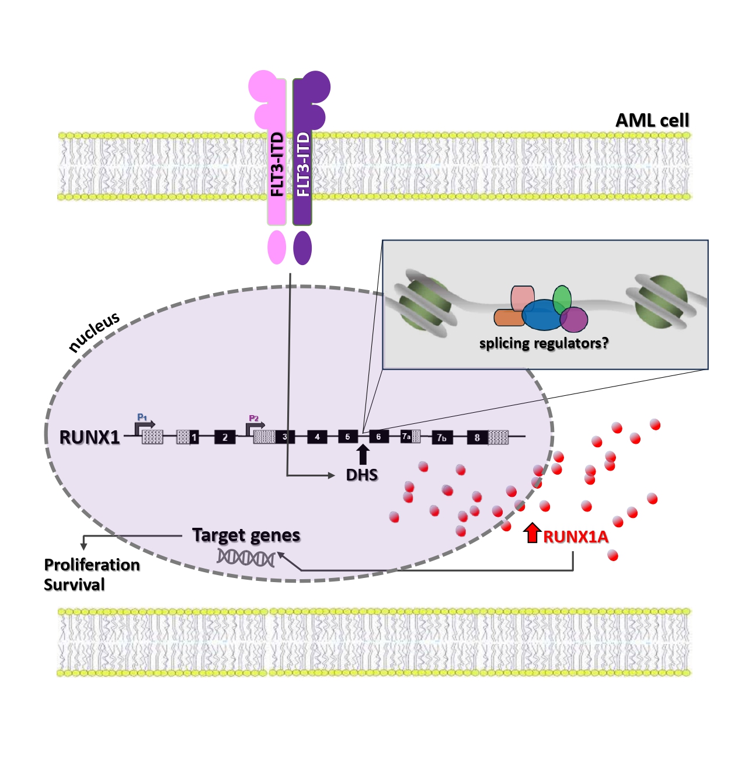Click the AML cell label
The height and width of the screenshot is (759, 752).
click(652, 120)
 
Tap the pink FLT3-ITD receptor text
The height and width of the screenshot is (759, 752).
click(277, 164)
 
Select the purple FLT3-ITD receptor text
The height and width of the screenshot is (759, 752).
click(302, 164)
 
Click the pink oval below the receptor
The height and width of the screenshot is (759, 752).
click(277, 248)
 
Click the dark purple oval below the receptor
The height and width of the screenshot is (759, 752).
click(302, 248)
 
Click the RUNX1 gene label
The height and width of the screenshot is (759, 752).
click(90, 437)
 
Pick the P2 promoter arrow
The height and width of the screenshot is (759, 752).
click(255, 427)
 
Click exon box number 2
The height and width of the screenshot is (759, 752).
click(225, 437)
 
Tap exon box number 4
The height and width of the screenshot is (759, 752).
click(317, 437)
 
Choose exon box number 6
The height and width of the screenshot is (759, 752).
click(378, 437)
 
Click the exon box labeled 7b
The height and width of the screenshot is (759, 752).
click(442, 438)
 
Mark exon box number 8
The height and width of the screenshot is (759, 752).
click(477, 437)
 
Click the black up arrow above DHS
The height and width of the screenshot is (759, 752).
click(363, 454)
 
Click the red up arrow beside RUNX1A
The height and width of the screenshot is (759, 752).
click(532, 532)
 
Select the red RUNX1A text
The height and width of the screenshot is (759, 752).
click(576, 537)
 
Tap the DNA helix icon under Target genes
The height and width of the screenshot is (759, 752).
click(246, 558)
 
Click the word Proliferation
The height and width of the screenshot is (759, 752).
click(92, 565)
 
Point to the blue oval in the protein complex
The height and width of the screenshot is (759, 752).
click(543, 315)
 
